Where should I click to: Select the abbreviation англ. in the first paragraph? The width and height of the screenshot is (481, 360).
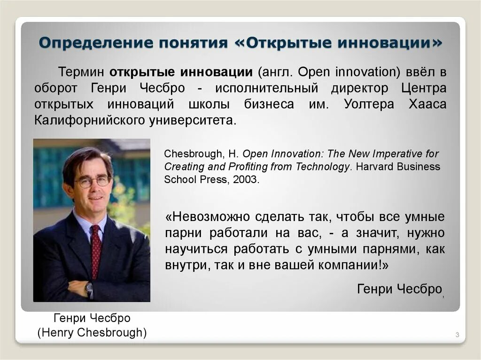276,73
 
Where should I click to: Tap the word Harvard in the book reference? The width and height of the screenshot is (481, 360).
373,167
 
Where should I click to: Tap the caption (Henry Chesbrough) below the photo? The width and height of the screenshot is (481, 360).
92,333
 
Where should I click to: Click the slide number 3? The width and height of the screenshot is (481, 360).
457,335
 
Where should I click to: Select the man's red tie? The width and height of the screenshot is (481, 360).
96,249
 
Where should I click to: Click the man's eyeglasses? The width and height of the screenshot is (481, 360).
93,182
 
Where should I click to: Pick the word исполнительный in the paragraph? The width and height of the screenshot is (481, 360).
268,88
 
